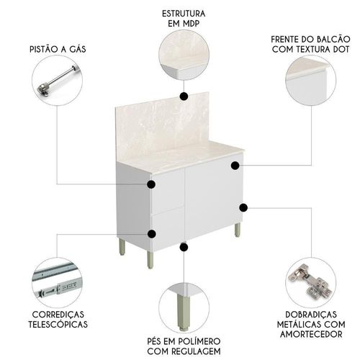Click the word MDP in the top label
coord(191,24)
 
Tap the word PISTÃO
coord(43,49)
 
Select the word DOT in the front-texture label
coord(341,49)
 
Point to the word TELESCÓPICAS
coord(58,324)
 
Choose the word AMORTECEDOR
coord(311,334)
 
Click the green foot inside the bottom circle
coord(183,312)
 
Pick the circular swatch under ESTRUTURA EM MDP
coord(184,55)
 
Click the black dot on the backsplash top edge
coord(184,96)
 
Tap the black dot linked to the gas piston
coord(151,184)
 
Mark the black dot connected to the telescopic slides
coord(152,234)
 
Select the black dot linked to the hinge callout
coord(243,207)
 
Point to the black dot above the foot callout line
coord(184,247)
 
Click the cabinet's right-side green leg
coord(238,230)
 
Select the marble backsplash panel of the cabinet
coord(163,125)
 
